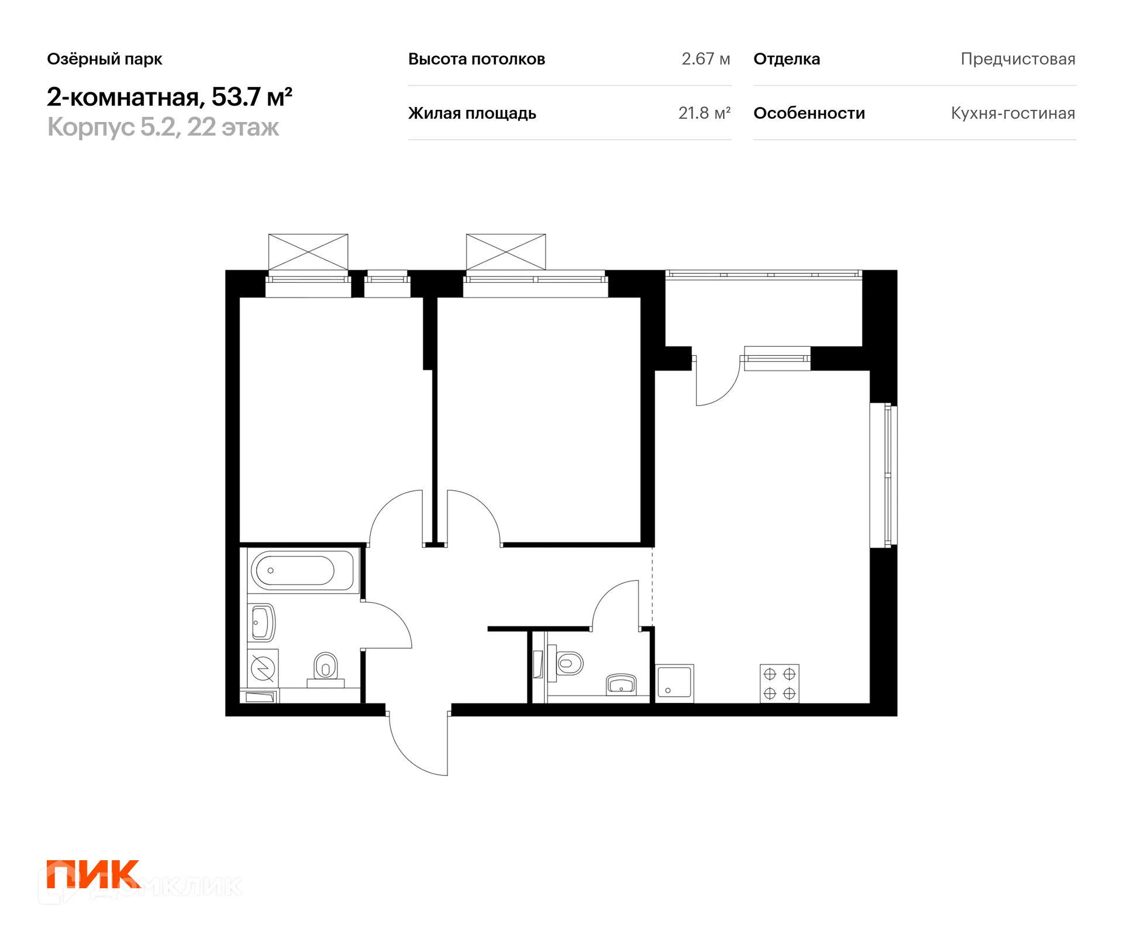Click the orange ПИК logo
click(x=93, y=874)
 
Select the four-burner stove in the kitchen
click(x=779, y=683)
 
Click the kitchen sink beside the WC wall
click(x=674, y=683)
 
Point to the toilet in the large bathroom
click(x=326, y=667)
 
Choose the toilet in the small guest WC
click(x=568, y=663)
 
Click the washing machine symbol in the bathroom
click(x=263, y=667)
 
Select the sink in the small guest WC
click(x=621, y=684)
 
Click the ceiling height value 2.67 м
click(x=705, y=59)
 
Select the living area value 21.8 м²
click(x=704, y=113)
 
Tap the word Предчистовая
click(x=1018, y=59)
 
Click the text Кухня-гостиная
click(x=1013, y=113)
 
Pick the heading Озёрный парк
click(x=105, y=59)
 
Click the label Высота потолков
click(x=477, y=59)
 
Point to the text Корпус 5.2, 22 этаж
click(x=163, y=127)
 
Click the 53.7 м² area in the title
click(x=252, y=97)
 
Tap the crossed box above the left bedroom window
click(x=308, y=252)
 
